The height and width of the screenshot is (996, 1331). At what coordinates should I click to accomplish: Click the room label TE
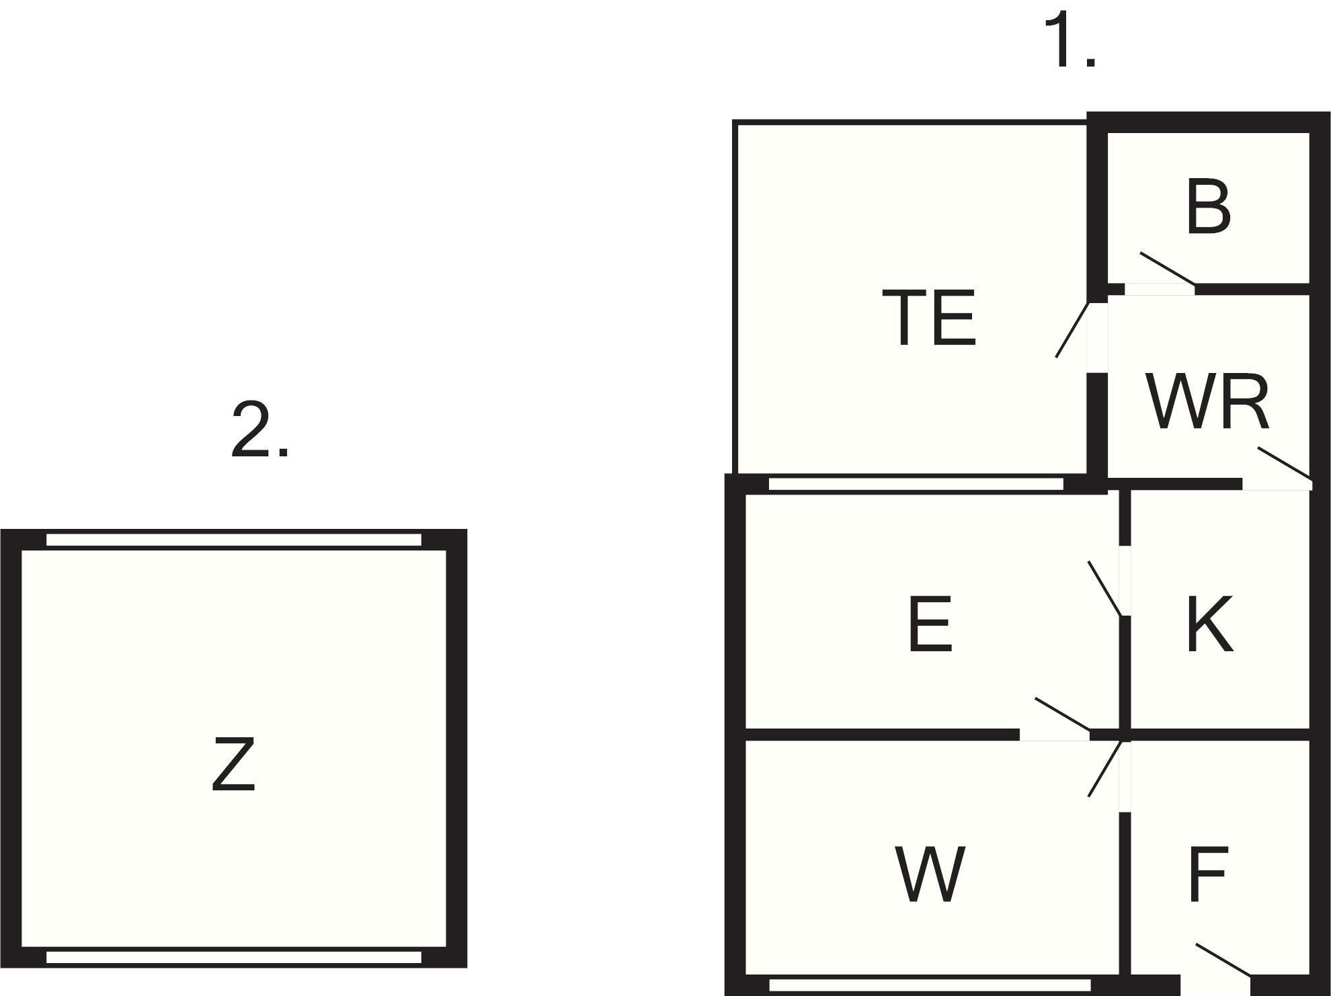pos(928,317)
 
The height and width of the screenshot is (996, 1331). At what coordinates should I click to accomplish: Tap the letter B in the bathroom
pos(1209,207)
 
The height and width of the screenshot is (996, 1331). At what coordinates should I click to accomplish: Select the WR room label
pos(1208,403)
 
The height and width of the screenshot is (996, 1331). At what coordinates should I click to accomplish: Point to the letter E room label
pos(930,624)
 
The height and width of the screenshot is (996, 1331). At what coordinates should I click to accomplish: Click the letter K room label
pos(1209,624)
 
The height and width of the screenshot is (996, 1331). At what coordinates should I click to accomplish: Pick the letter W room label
pos(930,874)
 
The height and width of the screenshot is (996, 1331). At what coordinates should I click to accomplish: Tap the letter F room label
pos(1208,874)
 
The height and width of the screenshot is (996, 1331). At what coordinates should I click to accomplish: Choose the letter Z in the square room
pos(233,764)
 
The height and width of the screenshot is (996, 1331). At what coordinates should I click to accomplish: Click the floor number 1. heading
pos(1069,40)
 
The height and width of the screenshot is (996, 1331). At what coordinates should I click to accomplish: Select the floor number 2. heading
pos(260,430)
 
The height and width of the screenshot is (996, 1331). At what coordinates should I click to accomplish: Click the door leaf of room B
pos(1168,268)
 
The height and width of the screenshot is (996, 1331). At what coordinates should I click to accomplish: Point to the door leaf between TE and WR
pos(1072,329)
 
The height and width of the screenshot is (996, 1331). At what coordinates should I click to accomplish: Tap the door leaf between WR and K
pos(1285,464)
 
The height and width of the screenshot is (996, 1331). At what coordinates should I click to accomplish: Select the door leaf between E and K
pos(1104,588)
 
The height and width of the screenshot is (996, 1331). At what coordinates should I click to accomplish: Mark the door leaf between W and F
pos(1104,769)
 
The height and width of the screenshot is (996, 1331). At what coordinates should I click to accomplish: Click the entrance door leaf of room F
pos(1223,959)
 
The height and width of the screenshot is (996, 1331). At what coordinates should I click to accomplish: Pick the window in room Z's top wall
pos(233,540)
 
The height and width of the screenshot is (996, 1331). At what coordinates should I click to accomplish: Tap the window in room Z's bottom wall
pos(233,957)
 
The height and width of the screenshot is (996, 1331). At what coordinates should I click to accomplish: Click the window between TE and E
pos(916,483)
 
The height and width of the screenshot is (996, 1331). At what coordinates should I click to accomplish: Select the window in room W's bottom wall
pos(930,985)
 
